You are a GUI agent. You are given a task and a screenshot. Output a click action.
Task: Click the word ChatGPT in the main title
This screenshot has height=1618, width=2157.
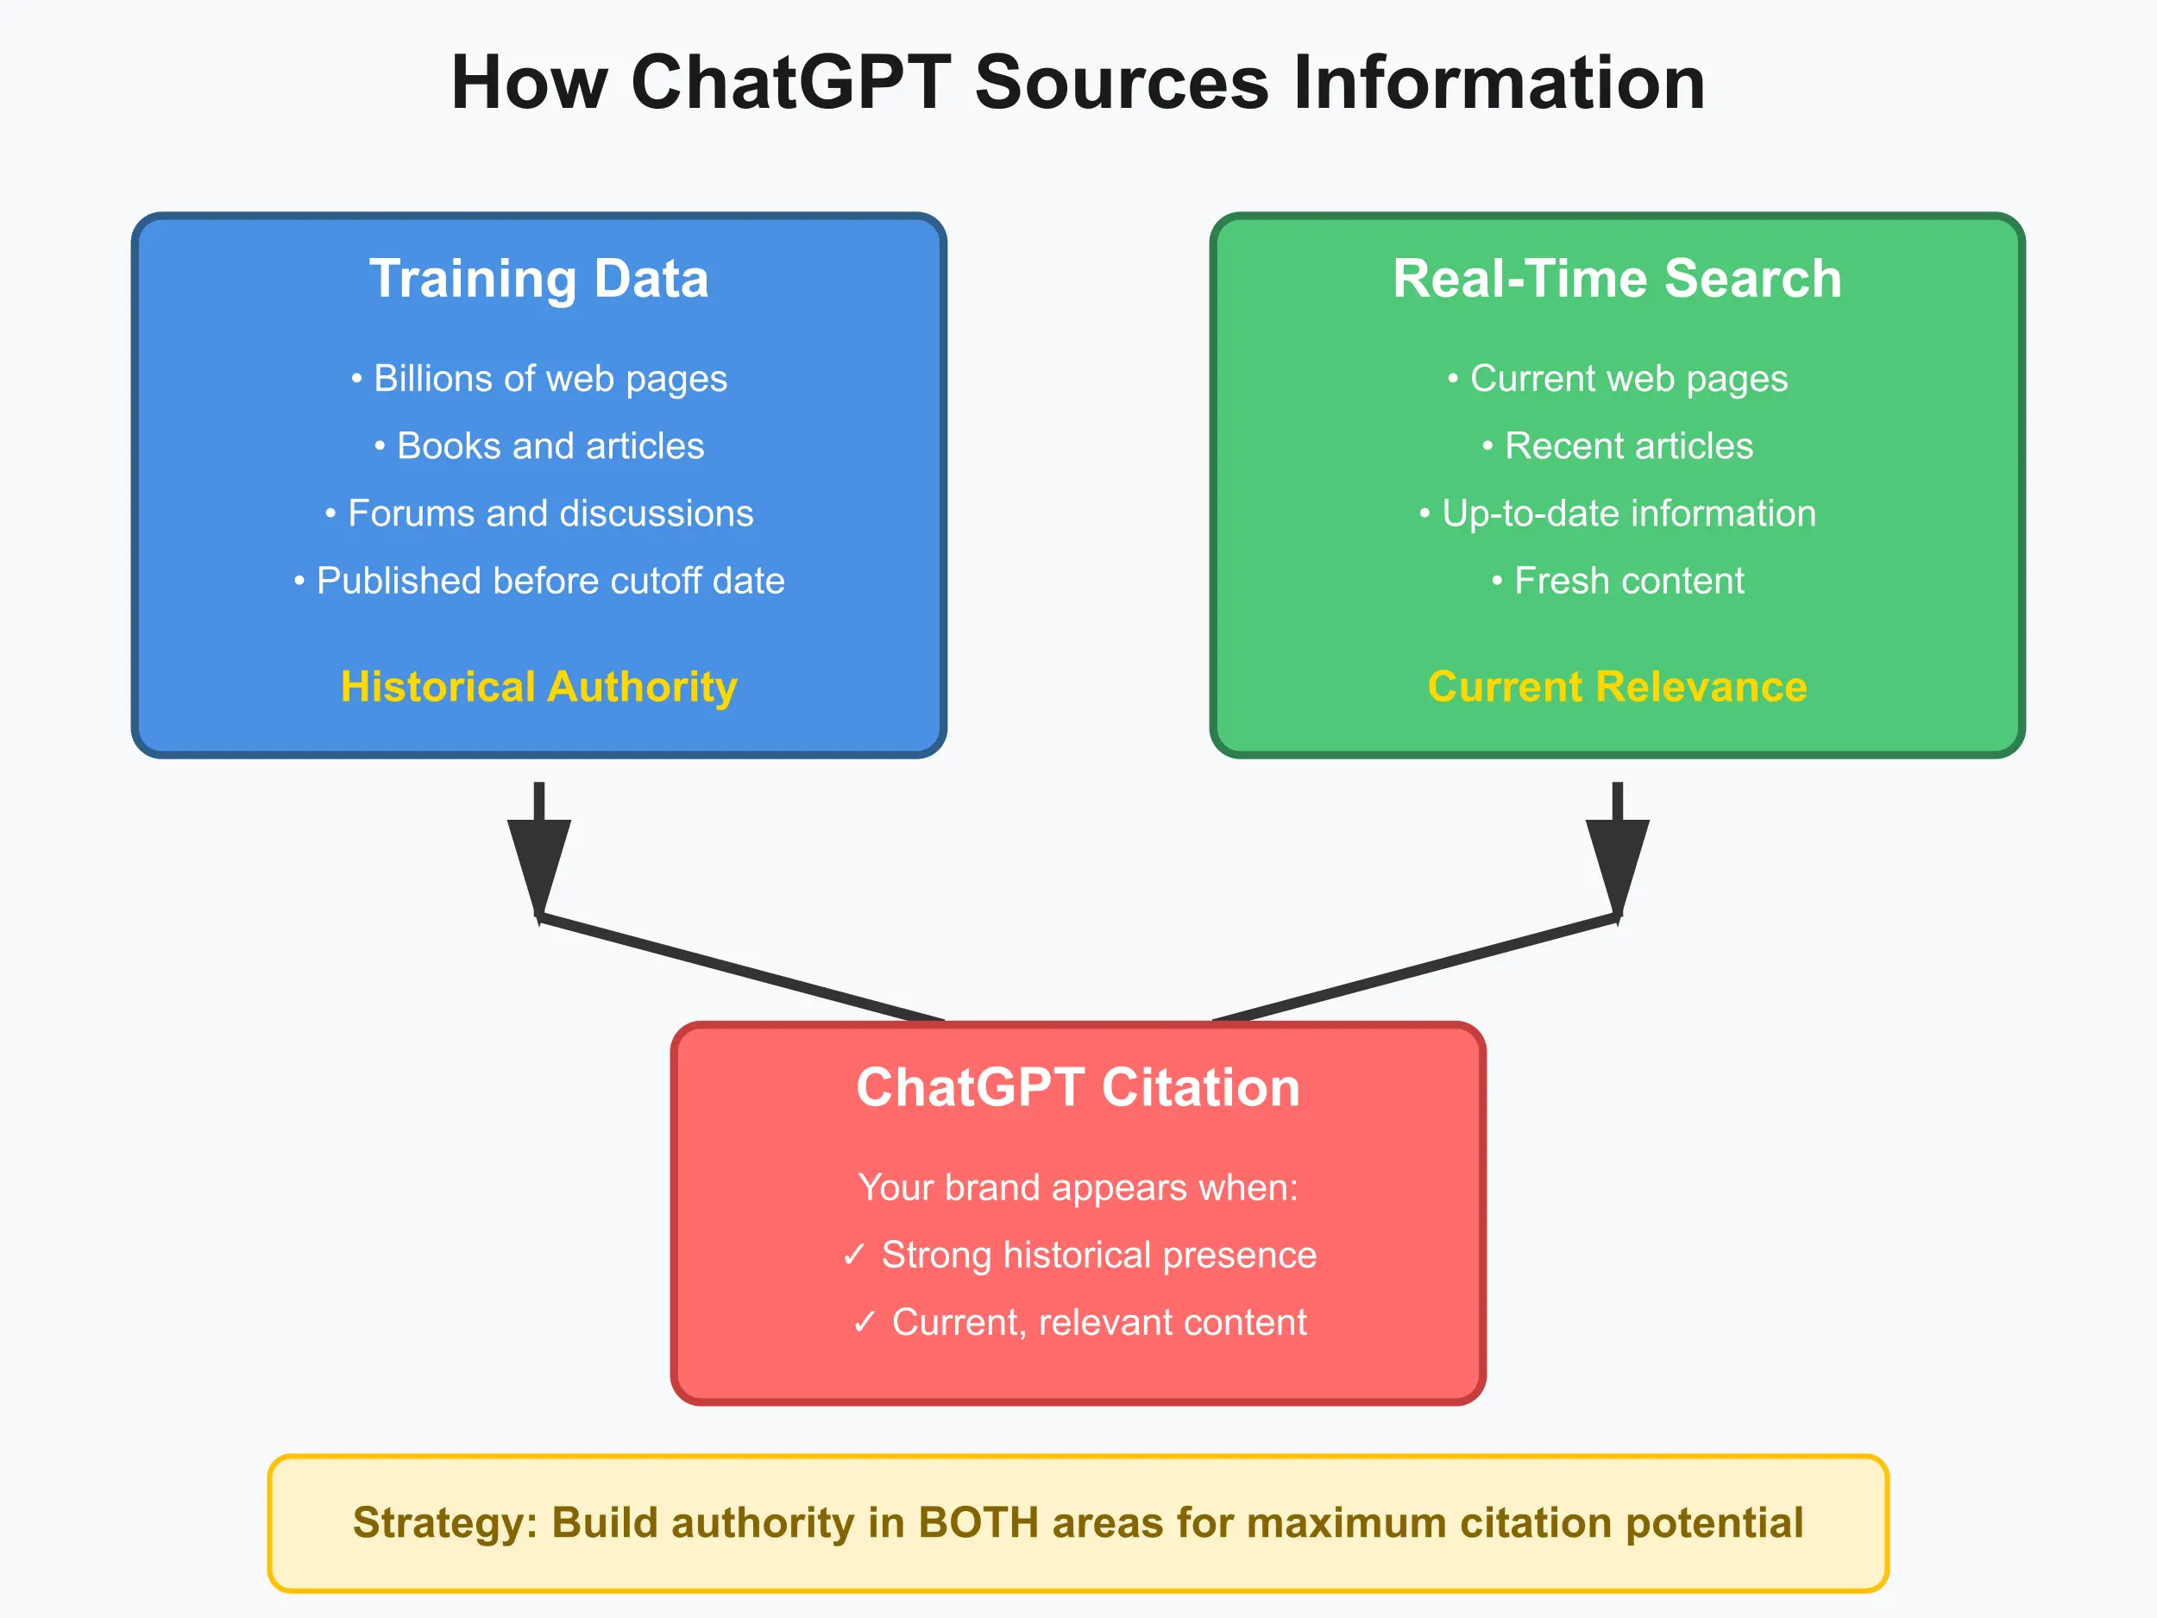(x=791, y=83)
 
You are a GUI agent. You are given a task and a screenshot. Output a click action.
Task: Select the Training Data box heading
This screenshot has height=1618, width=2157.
(x=538, y=279)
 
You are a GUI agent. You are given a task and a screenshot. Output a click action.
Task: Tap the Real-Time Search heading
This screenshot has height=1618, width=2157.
(x=1617, y=279)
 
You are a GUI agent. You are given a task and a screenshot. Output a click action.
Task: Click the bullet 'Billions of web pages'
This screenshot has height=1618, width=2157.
(x=538, y=379)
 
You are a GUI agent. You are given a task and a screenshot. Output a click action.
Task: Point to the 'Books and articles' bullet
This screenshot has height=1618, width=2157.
(x=538, y=446)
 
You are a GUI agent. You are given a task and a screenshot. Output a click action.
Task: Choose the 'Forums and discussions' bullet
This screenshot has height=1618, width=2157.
(x=538, y=513)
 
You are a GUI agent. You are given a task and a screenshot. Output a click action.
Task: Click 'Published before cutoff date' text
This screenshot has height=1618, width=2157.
(x=538, y=580)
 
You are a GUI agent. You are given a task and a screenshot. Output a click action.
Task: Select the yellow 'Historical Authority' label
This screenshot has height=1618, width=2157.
(x=538, y=687)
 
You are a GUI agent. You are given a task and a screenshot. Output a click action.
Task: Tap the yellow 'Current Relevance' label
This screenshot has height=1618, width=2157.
(x=1617, y=687)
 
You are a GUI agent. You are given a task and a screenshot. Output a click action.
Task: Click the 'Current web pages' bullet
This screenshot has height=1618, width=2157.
(x=1617, y=379)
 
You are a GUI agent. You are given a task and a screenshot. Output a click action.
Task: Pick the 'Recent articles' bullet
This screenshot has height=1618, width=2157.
(x=1617, y=446)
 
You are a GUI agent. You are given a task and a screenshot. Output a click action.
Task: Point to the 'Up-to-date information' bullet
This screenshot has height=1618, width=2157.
(x=1617, y=513)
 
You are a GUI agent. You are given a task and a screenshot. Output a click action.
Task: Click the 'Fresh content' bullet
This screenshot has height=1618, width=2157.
(x=1617, y=580)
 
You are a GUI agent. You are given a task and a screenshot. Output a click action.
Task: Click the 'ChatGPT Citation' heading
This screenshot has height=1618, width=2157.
(x=1078, y=1087)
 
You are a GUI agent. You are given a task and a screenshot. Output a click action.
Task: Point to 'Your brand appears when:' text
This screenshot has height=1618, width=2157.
(x=1078, y=1187)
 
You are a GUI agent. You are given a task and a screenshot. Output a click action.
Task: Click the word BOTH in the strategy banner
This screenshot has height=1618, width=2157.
(x=978, y=1523)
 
